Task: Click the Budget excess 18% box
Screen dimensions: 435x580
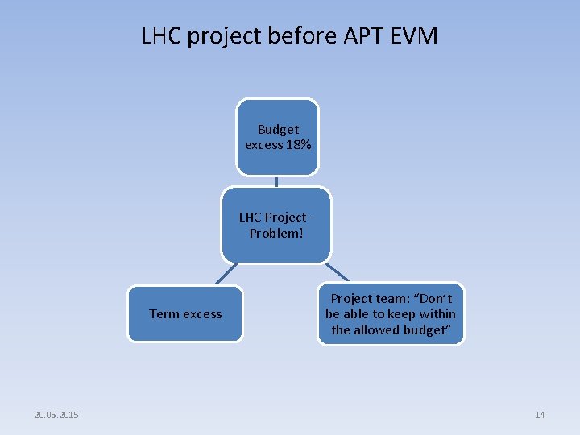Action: (277, 137)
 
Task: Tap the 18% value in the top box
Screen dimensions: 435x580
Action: (298, 145)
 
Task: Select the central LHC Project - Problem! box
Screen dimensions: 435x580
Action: (276, 226)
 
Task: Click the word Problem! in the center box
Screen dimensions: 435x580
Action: (276, 234)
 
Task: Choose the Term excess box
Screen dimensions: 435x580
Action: (185, 314)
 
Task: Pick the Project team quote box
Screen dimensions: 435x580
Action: (391, 314)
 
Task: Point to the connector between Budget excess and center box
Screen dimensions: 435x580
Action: (276, 181)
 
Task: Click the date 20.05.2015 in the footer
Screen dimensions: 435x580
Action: (56, 415)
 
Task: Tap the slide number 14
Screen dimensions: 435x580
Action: (540, 415)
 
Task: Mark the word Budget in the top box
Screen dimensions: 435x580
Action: (278, 129)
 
